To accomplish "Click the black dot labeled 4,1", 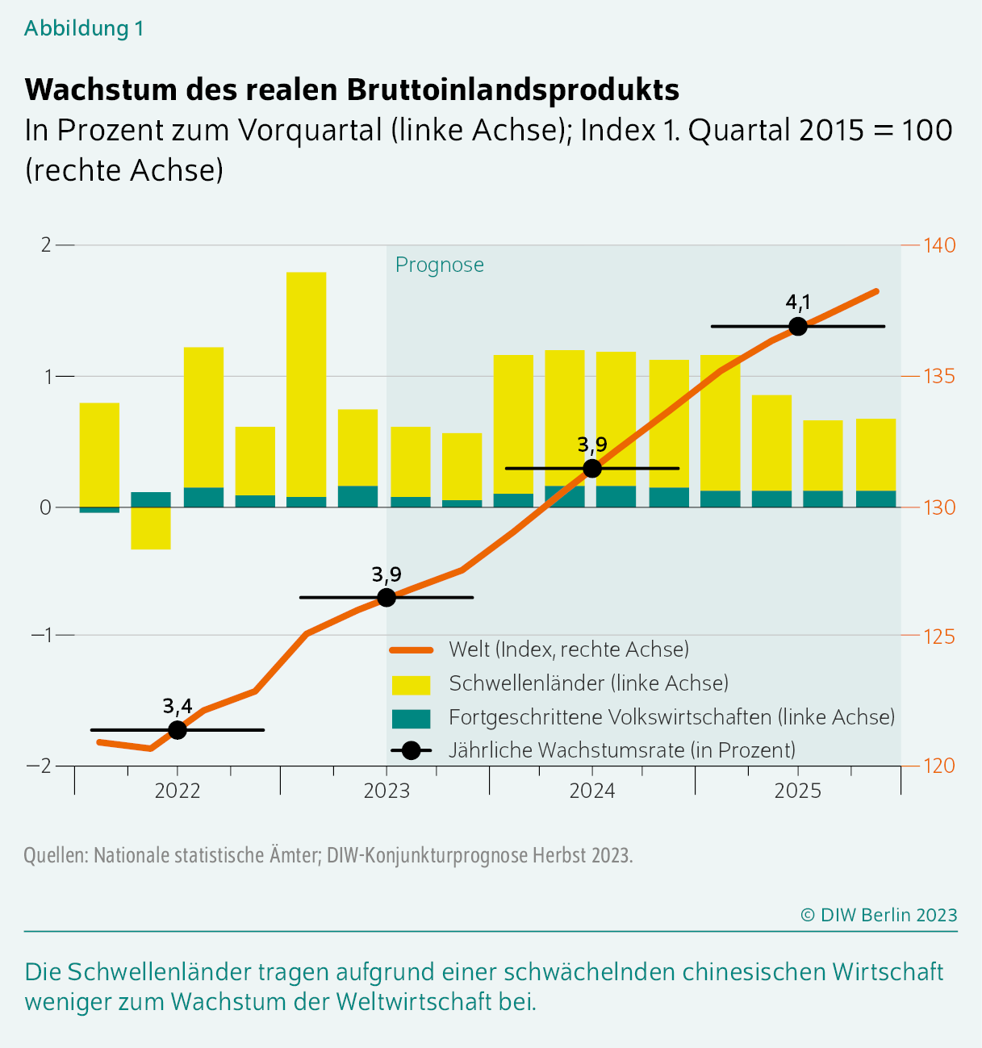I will tap(798, 326).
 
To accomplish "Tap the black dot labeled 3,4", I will tap(178, 730).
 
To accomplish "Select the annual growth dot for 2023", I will tap(387, 597).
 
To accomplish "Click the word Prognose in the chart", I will tap(440, 265).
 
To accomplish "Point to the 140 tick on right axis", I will tap(939, 244).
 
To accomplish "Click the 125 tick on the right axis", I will tap(939, 637).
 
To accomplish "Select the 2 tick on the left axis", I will tap(46, 244).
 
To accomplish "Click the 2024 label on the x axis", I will tap(592, 791).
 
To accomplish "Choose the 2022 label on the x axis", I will tap(178, 791).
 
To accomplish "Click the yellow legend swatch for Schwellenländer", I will tap(412, 684).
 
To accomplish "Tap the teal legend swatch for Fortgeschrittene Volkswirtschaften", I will tap(412, 718).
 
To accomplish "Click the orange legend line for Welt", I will tap(412, 650).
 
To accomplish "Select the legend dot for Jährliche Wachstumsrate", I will tap(412, 750).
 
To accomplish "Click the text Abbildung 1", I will tap(84, 28).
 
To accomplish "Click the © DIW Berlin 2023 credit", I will tap(879, 915).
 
